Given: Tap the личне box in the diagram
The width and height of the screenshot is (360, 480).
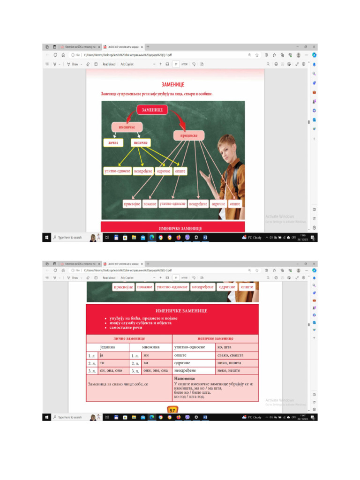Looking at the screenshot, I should point(113,142).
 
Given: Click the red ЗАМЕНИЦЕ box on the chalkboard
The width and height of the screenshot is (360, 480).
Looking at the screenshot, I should point(152,110).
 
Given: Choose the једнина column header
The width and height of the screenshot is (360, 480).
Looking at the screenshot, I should point(107,347).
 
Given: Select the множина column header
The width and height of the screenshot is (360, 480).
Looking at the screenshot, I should point(150,347).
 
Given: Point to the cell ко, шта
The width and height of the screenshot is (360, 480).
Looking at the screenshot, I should point(237,347).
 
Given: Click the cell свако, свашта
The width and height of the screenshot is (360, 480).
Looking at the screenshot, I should point(237,355).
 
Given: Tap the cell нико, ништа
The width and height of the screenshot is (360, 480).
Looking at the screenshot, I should point(237,363).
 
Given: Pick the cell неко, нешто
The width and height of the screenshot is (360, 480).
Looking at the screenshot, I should point(237,370).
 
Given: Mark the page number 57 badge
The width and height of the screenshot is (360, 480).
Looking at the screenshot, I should point(172,410).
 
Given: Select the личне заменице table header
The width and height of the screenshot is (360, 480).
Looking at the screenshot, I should point(129,338).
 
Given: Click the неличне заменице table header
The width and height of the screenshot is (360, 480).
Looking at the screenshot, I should point(215,338).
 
